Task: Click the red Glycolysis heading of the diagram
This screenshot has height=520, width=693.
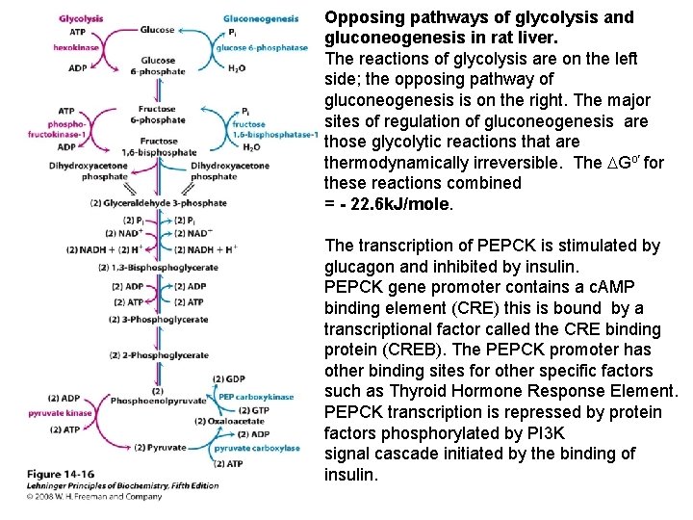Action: click(x=81, y=18)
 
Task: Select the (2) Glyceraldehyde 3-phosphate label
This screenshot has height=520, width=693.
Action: click(x=158, y=203)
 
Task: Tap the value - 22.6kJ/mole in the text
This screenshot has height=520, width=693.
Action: click(x=395, y=204)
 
